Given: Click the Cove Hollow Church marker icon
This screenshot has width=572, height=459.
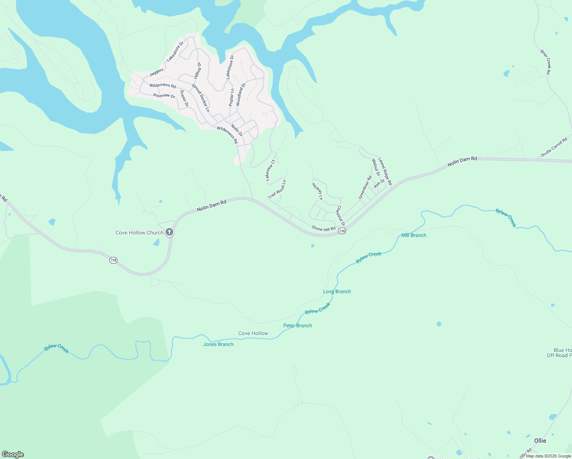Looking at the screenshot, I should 169,232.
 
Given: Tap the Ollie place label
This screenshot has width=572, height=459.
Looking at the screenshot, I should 540,441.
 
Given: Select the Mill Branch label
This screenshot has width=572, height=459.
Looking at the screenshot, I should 414,235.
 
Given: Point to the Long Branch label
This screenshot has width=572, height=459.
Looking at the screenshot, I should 337,291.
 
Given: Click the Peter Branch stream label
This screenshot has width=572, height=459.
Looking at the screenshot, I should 297,326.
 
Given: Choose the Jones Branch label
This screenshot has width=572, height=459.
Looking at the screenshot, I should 218,344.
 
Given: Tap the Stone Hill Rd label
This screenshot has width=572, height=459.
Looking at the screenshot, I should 323,229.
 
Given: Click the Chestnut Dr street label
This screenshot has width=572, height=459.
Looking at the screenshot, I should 341,216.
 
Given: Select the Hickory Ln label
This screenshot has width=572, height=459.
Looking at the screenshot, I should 317,191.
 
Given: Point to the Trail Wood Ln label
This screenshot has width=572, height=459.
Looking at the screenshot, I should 277,189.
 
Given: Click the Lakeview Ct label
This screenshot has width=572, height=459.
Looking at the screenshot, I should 270,170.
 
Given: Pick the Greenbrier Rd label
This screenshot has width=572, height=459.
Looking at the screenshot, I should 365,187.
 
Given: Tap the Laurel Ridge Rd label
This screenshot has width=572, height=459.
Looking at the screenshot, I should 385,171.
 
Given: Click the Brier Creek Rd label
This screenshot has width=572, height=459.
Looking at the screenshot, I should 546,62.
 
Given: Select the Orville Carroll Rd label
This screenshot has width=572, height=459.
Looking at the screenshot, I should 554,148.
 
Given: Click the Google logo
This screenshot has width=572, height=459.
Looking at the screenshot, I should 13,454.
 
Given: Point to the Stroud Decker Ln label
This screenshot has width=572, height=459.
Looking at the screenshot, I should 201,98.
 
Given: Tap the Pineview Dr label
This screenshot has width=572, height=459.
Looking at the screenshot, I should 164,96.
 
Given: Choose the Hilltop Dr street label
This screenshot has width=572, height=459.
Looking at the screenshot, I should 198,71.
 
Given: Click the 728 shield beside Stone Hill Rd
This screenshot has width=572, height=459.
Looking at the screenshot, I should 342,231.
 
